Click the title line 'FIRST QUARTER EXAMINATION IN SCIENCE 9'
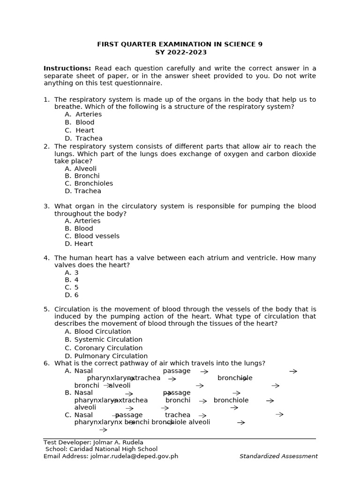pyautogui.click(x=180, y=45)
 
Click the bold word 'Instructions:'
pyautogui.click(x=67, y=68)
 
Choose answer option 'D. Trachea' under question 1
pyautogui.click(x=83, y=138)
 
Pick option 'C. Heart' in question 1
pyautogui.click(x=79, y=130)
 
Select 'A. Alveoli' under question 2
pyautogui.click(x=81, y=169)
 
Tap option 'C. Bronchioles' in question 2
pyautogui.click(x=89, y=184)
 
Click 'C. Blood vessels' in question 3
pyautogui.click(x=92, y=236)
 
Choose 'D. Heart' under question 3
pyautogui.click(x=79, y=244)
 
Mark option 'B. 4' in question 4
pyautogui.click(x=72, y=280)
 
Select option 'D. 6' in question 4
pyautogui.click(x=72, y=295)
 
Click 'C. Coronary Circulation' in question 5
pyautogui.click(x=104, y=348)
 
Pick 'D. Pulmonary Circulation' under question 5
pyautogui.click(x=106, y=356)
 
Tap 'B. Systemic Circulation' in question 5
pyautogui.click(x=104, y=340)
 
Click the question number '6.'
pyautogui.click(x=46, y=363)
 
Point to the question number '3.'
pyautogui.click(x=46, y=206)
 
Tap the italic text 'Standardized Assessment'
pyautogui.click(x=278, y=456)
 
